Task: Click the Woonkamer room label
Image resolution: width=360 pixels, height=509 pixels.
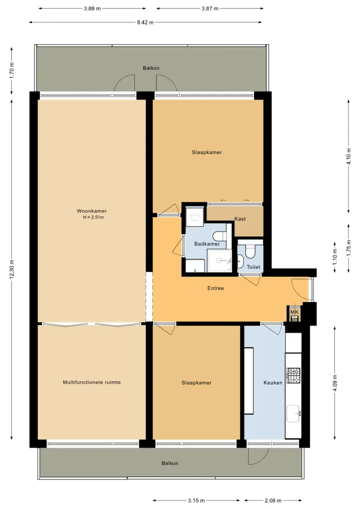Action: coord(91,211)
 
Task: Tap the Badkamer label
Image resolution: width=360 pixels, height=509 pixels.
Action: coord(207,244)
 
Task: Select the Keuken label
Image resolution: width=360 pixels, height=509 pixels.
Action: coord(273,383)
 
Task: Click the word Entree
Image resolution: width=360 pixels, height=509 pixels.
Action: coord(215,288)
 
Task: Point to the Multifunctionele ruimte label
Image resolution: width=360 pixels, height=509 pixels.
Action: coord(92,382)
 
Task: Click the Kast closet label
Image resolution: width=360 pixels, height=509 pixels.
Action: coord(240,219)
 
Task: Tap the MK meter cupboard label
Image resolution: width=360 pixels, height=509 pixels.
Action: coord(294,312)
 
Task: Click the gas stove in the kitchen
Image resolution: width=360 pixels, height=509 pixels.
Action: coord(293,375)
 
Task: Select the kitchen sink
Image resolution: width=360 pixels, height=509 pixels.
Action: coord(293,413)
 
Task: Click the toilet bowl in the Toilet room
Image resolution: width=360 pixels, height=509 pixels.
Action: coord(250,251)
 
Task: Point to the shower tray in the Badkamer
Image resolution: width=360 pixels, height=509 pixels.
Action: coord(220,261)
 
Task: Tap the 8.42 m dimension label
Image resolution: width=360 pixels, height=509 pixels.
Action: coord(145,22)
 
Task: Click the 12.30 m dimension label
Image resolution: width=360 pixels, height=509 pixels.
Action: coord(12,269)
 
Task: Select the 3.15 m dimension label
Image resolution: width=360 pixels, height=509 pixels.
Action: coord(196,501)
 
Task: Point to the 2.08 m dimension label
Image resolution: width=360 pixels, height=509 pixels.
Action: coord(273,501)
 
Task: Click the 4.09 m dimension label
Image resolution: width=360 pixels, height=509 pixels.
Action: coord(335,383)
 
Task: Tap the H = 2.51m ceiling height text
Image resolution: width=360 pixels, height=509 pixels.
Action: coord(93,217)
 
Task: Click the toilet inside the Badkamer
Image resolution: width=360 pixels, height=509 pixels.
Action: coord(220,235)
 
